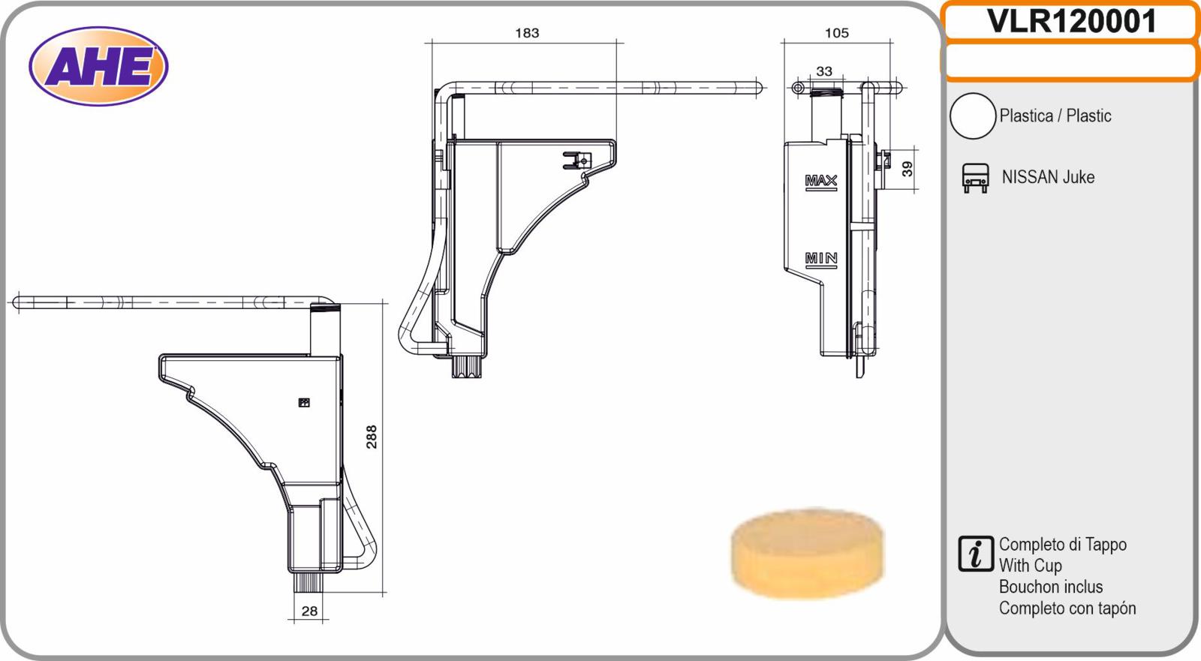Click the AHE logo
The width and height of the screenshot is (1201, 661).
98,67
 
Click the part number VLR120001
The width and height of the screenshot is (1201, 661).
1071,22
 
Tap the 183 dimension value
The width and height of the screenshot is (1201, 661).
527,33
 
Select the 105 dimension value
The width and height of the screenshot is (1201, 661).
837,33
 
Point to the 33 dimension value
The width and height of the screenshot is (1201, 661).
824,71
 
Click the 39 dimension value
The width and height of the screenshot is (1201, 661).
907,169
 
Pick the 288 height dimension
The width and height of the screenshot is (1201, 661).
371,437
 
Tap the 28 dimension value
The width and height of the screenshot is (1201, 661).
309,611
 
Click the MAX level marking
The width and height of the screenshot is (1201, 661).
821,182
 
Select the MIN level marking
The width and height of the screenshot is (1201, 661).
821,260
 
